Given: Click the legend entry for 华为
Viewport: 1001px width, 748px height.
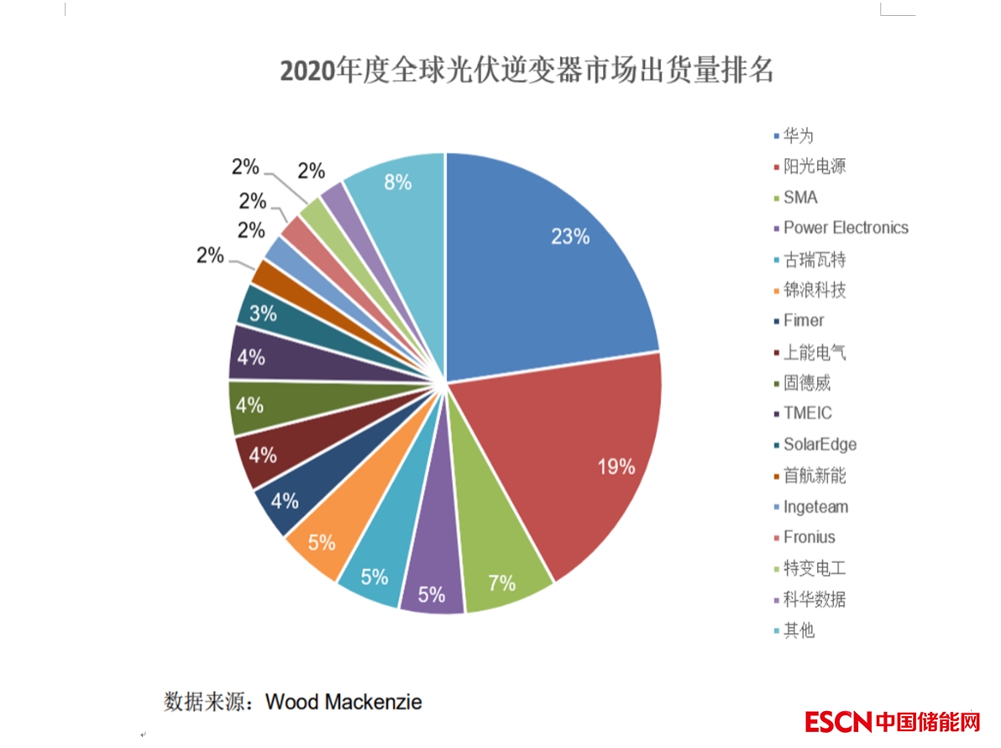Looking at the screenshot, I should pos(798,135).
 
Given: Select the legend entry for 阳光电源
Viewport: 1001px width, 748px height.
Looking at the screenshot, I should pos(814,166).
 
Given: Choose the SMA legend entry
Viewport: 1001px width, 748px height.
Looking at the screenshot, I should pos(799,198).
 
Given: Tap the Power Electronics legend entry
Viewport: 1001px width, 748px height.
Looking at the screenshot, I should pos(845,228).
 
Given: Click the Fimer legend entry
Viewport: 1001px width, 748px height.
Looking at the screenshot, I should pos(803,320).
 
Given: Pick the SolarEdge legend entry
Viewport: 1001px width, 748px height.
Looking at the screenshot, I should pos(819,445).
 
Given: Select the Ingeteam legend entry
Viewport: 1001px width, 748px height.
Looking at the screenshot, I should pos(815,507).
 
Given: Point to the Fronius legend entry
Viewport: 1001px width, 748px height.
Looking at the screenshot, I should pos(809,537).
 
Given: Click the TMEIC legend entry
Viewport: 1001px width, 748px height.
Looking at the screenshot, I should pos(807,414).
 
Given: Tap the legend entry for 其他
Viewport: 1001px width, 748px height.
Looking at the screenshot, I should pos(799,630).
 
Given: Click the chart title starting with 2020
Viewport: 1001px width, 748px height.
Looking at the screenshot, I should pos(526,71).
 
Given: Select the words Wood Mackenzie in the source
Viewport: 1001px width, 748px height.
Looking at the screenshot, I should pos(343,702).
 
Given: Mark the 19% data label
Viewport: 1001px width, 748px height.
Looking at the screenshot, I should pos(616,467).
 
